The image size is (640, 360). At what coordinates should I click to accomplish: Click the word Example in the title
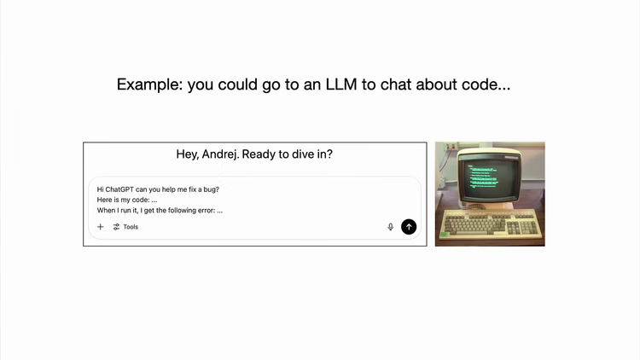149,85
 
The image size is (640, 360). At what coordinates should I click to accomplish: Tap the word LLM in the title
340,84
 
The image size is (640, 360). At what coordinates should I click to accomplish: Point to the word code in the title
480,84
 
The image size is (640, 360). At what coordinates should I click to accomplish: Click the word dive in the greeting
300,154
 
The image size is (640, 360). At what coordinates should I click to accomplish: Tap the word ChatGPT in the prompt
119,189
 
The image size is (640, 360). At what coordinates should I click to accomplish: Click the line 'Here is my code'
127,200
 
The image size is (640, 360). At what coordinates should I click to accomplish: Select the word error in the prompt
207,211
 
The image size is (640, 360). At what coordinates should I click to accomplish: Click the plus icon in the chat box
101,227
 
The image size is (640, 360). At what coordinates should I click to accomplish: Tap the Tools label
131,227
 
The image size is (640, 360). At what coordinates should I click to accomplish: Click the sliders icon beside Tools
116,227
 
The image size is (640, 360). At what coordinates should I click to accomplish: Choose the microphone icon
391,227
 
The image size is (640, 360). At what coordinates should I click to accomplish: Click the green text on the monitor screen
483,177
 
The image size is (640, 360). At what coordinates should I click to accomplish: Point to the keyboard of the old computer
491,224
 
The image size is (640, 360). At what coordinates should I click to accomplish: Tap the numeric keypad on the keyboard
529,227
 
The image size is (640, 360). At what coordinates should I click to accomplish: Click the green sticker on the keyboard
444,235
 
